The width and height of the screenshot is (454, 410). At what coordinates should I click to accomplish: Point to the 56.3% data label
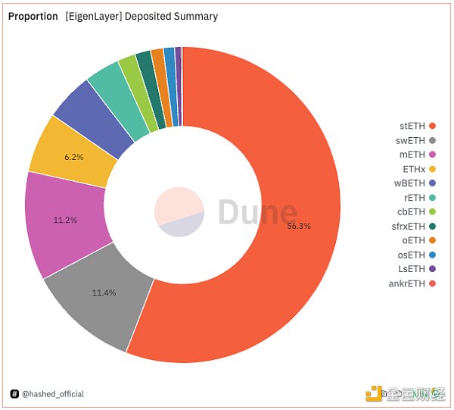point(299,226)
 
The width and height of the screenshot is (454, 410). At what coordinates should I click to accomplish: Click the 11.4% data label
point(104,293)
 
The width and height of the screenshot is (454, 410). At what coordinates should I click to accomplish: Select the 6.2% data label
point(73,157)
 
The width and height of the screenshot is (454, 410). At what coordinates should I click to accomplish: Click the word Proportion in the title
point(33,16)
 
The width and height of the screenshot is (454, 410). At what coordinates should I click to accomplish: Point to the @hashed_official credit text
point(52,394)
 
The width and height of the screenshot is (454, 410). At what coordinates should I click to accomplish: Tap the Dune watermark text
point(257,212)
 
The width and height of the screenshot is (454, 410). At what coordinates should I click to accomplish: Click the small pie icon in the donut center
point(179,211)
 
